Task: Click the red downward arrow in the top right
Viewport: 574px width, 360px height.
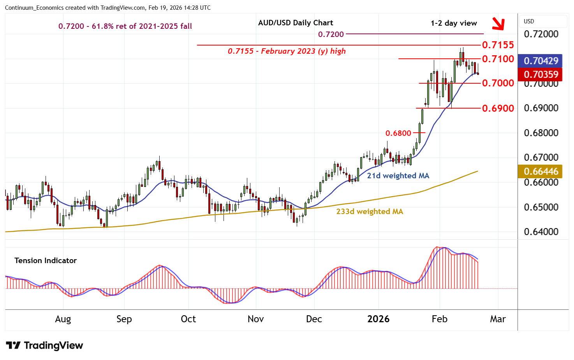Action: tap(498, 24)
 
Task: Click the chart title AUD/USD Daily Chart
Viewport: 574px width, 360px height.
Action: tap(296, 23)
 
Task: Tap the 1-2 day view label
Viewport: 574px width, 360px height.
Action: tap(454, 23)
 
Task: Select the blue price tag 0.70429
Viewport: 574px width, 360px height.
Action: tap(541, 61)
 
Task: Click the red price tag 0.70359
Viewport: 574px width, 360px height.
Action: tap(541, 74)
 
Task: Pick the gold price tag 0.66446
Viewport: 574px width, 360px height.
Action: tap(541, 171)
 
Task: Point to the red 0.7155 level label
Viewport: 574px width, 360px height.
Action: tap(498, 45)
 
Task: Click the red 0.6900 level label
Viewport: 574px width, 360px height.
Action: tap(498, 108)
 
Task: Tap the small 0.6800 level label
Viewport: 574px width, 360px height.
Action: tap(398, 133)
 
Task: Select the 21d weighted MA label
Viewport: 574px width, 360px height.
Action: tap(398, 176)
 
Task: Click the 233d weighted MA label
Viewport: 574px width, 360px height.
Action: tap(370, 211)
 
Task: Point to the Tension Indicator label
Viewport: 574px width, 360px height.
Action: tap(46, 260)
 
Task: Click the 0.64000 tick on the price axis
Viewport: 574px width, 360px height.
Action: tap(541, 232)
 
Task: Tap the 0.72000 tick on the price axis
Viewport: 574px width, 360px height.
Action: tap(541, 34)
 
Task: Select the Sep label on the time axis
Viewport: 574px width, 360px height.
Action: tap(124, 319)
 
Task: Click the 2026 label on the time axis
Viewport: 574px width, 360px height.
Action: tap(378, 319)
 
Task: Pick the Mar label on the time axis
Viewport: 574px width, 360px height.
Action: tap(498, 319)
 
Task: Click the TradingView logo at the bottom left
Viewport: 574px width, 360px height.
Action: tap(44, 345)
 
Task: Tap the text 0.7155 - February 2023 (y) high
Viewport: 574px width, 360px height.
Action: tap(287, 51)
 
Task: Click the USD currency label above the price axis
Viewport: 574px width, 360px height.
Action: tap(529, 21)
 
